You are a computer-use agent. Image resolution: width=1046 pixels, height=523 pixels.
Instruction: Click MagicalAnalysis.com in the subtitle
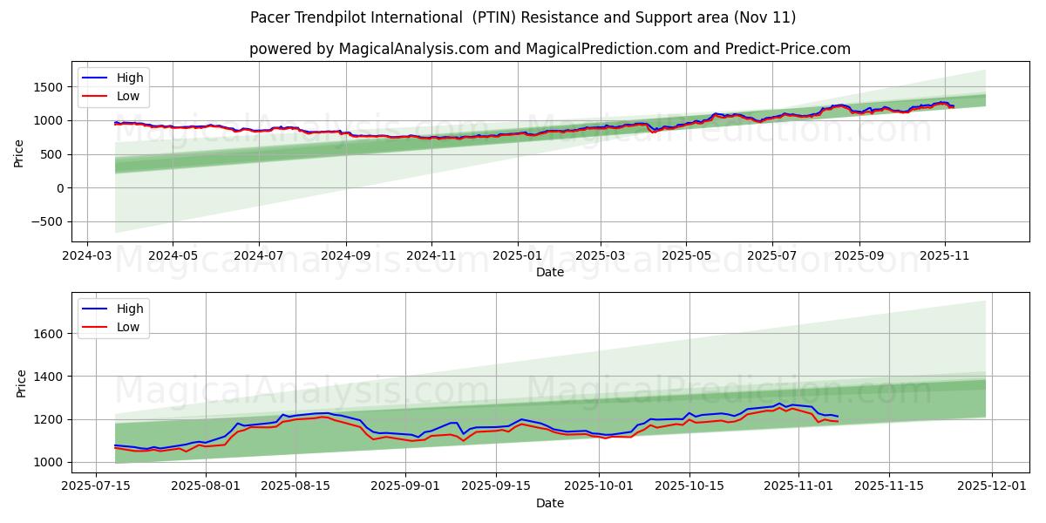411,49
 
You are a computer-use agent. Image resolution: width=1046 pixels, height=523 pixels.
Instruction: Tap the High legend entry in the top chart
130,78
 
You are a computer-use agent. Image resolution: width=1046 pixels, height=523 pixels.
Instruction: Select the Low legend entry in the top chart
128,97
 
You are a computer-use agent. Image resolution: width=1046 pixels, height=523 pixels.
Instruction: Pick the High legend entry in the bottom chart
130,308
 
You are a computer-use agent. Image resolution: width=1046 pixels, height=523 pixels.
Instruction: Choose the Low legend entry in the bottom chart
128,327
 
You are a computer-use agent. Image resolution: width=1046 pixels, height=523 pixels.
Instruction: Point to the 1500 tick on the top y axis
48,87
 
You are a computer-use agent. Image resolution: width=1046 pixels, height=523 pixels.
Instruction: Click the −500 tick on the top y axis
45,222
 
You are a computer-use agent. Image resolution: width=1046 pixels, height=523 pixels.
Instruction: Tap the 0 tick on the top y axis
59,188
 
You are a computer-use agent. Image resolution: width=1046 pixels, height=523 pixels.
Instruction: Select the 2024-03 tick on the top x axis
86,257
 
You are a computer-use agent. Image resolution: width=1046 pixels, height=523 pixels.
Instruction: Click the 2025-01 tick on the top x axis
518,257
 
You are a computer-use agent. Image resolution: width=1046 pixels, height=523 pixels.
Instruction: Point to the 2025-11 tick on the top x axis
945,257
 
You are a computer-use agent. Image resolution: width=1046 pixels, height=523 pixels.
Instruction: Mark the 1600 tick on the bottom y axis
48,334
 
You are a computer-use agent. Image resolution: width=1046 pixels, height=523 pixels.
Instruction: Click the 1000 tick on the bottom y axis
48,462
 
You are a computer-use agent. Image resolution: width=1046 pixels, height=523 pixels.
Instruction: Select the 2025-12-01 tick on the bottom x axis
993,487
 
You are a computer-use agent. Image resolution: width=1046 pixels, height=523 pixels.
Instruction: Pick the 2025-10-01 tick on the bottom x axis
599,487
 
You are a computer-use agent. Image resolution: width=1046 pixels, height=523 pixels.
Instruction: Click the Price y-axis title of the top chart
19,153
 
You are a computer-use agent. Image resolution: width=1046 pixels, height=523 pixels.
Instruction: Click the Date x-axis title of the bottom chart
549,503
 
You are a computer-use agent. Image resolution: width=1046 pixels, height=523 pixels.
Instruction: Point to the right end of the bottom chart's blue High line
838,417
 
